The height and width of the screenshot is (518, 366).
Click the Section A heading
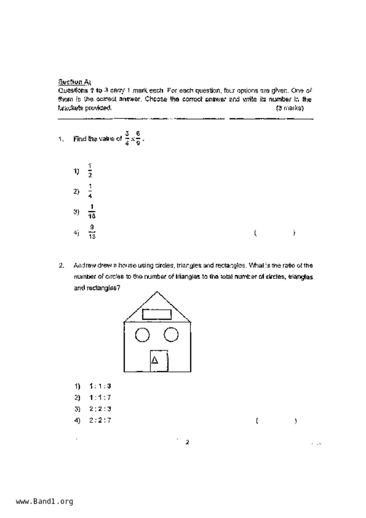[x=74, y=82]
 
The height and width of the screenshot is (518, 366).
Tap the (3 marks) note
[x=289, y=108]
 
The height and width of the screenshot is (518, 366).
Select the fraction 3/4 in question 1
[x=127, y=139]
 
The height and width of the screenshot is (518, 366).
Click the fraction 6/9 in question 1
[x=138, y=139]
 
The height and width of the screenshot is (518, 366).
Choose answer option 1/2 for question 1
[x=90, y=170]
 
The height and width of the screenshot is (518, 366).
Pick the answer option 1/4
[x=90, y=191]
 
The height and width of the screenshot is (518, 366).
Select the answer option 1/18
[x=92, y=211]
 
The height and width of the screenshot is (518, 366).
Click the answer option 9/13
[x=92, y=232]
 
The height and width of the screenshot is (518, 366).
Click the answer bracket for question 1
[x=274, y=233]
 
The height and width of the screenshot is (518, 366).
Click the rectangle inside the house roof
[x=157, y=314]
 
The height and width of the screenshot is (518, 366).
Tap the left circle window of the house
[x=142, y=335]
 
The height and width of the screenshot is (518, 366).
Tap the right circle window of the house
[x=171, y=335]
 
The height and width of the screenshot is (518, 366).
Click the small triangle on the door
[x=154, y=360]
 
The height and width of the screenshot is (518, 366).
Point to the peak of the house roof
[x=157, y=292]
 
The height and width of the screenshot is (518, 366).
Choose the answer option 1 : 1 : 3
[x=100, y=386]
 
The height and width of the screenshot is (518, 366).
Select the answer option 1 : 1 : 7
[x=100, y=398]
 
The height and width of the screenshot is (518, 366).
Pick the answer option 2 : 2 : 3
[x=100, y=409]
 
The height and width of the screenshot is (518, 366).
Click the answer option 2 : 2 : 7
[x=100, y=420]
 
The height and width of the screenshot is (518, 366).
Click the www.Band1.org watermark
[x=45, y=501]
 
